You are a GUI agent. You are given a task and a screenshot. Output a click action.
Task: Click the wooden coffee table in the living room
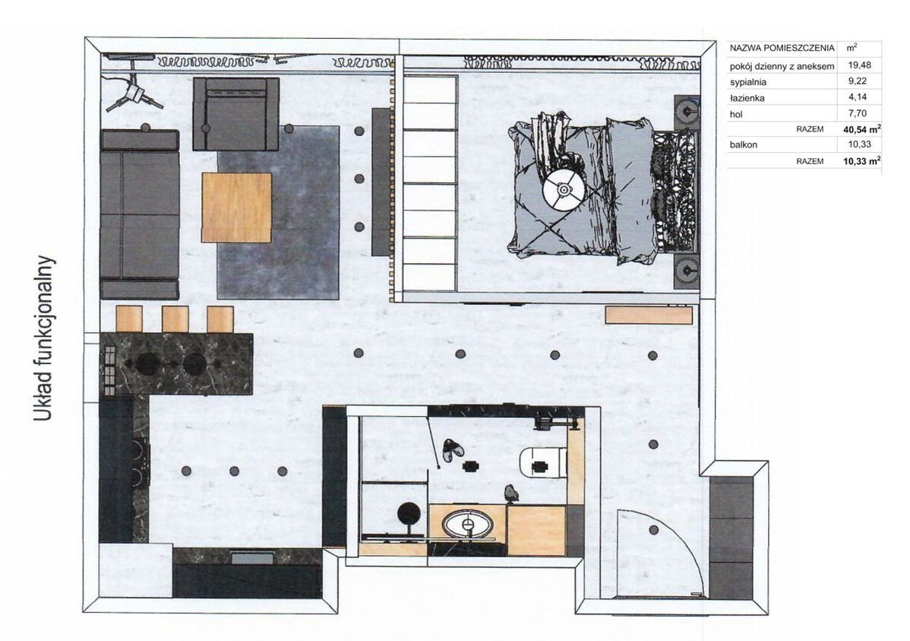(237, 207)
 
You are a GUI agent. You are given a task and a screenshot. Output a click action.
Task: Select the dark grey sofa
(140, 214)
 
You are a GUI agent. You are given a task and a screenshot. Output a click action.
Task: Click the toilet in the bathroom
(542, 464)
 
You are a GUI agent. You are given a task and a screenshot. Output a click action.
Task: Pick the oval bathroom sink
(468, 523)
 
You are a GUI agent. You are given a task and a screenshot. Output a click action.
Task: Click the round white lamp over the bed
(562, 189)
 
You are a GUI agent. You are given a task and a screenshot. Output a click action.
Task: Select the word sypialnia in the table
(748, 82)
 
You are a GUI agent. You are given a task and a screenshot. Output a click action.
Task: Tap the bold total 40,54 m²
(862, 129)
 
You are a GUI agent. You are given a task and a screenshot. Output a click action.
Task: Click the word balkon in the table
(744, 144)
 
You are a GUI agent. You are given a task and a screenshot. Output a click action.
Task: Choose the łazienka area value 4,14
(857, 97)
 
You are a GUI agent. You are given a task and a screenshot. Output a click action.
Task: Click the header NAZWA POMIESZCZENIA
(782, 48)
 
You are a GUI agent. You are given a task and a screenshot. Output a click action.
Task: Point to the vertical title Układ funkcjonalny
(43, 339)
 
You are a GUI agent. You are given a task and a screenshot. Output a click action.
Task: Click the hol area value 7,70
(857, 113)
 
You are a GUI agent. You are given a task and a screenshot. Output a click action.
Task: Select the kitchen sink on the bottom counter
(252, 558)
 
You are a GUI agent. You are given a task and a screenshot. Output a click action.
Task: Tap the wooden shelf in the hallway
(649, 314)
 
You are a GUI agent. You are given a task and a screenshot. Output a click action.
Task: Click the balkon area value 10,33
(859, 144)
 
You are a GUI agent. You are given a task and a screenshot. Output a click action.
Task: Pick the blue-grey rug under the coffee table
(277, 212)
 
